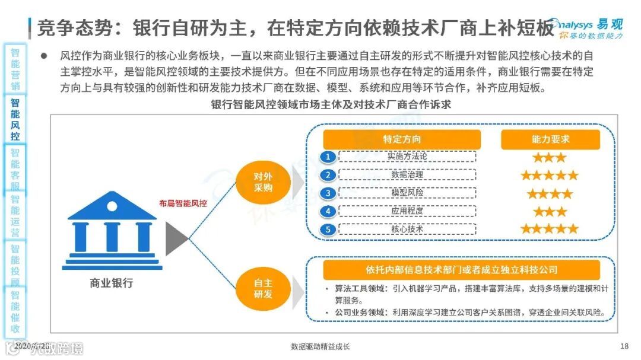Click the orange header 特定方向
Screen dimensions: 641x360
(402, 139)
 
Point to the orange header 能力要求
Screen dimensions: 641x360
(550, 139)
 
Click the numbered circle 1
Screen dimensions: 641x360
(327, 157)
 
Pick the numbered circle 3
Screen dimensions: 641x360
(327, 193)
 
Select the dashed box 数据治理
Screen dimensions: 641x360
(407, 175)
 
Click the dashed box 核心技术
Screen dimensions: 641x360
(407, 229)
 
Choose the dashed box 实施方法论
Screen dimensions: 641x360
(407, 157)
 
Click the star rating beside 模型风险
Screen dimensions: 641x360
(550, 193)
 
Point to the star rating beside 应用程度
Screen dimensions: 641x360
(550, 212)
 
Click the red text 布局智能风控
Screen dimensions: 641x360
(183, 203)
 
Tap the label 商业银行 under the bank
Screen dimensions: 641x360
(112, 283)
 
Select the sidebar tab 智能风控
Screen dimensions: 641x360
(15, 119)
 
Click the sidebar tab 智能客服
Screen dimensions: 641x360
(15, 169)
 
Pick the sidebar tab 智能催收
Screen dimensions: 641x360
(15, 312)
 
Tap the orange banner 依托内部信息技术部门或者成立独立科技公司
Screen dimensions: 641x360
(461, 270)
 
